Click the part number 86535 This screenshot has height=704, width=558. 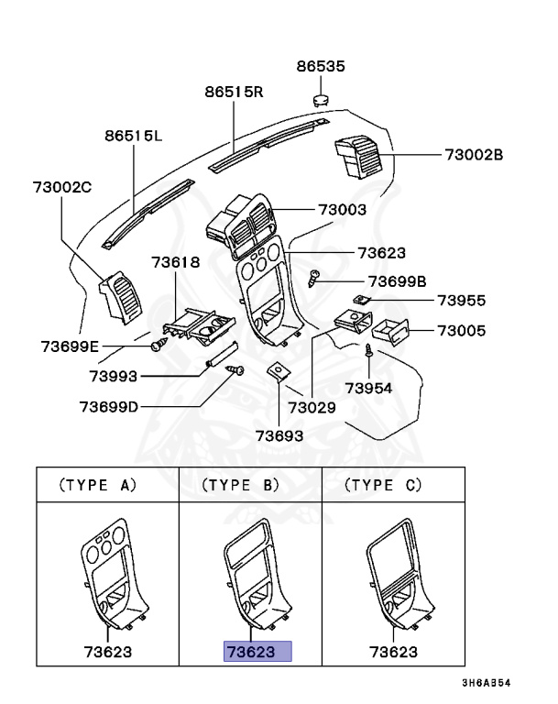pos(321,67)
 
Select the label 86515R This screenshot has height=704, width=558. pos(234,93)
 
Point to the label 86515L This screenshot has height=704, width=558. pos(133,137)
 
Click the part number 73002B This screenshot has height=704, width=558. pos(474,155)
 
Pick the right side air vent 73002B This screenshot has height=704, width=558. pos(358,154)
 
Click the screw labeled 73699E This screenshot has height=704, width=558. pos(158,346)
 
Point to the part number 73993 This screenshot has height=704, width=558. pos(114,376)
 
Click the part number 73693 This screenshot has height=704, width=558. pos(279,435)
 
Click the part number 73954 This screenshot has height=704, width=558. pos(367,388)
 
